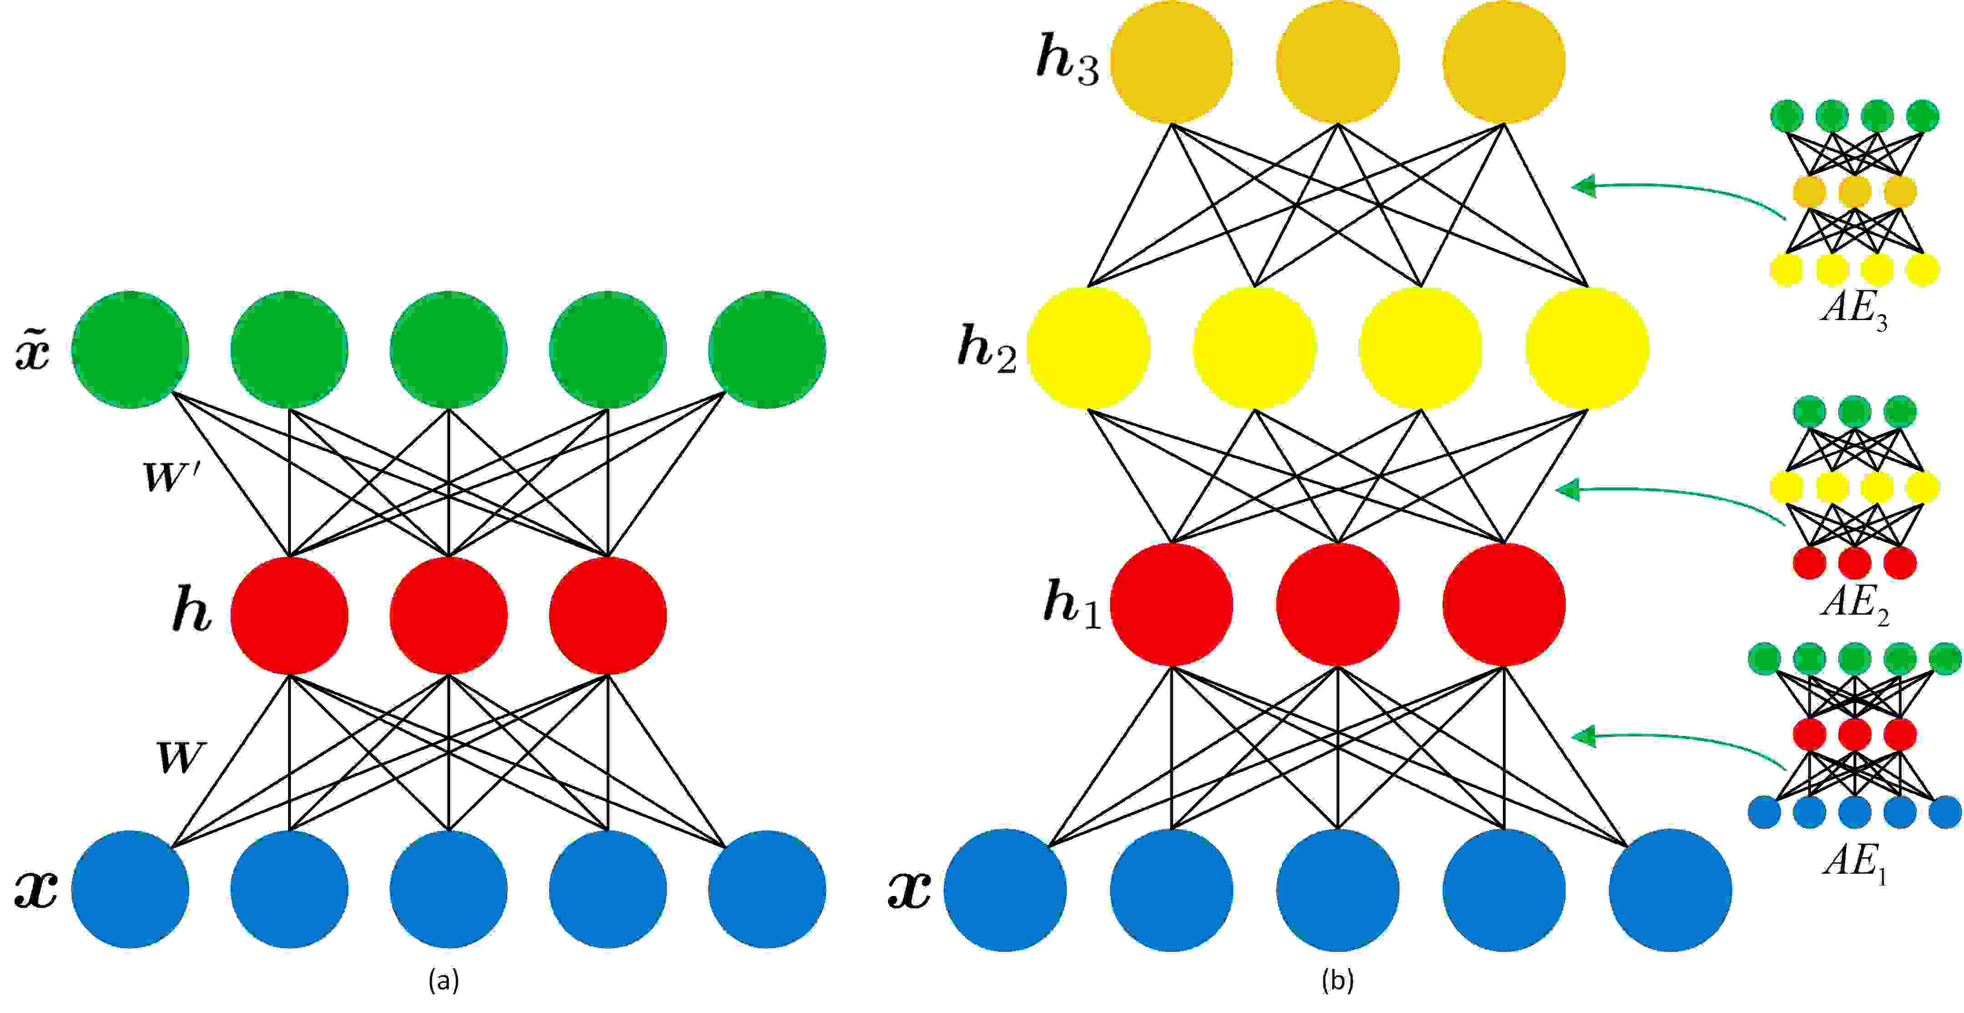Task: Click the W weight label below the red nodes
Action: (180, 758)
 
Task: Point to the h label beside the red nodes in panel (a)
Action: (191, 612)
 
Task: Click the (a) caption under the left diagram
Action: (444, 980)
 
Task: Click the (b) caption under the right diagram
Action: (1337, 980)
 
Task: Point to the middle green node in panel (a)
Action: (448, 349)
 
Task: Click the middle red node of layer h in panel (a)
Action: (448, 615)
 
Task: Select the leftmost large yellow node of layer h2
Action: (1088, 348)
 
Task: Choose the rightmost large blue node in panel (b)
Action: (1670, 890)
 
